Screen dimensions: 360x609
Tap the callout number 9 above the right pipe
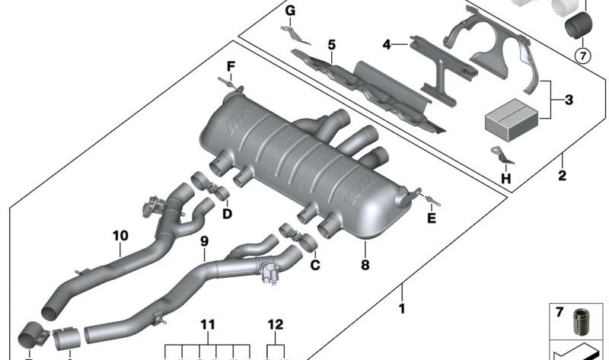203,241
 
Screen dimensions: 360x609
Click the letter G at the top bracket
290,11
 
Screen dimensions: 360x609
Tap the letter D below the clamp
227,214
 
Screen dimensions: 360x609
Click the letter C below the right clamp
314,265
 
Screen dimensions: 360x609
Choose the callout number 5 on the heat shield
331,45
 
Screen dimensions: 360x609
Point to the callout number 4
387,45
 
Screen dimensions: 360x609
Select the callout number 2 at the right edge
563,177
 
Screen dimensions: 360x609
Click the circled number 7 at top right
582,55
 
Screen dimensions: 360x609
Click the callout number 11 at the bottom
208,325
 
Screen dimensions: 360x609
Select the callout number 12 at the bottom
276,325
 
